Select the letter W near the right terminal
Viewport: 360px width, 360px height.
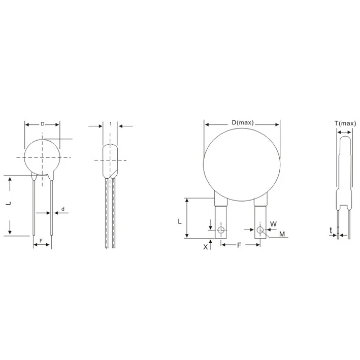[273, 223]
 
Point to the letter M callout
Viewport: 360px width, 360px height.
[282, 234]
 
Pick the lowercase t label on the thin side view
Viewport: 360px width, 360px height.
[331, 230]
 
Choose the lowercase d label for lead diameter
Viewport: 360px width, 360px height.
[62, 209]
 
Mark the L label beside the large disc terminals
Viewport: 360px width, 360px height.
[179, 221]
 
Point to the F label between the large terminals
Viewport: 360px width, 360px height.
[239, 245]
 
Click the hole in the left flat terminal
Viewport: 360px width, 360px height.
[221, 231]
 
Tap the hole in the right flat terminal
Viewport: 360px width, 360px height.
[260, 231]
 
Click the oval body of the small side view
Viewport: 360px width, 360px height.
[111, 159]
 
